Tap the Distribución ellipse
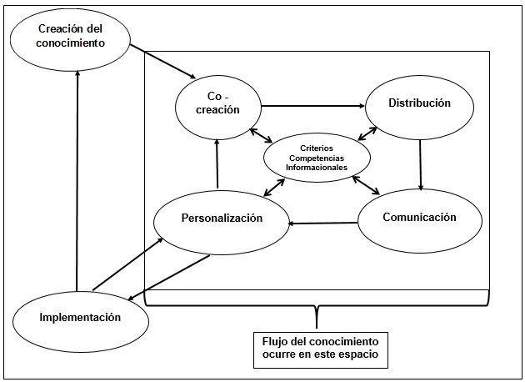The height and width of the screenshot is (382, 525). pyautogui.click(x=419, y=103)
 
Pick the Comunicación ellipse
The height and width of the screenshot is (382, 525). pyautogui.click(x=419, y=218)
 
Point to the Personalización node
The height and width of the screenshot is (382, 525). pyautogui.click(x=222, y=219)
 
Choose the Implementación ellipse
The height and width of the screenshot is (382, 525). pyautogui.click(x=79, y=317)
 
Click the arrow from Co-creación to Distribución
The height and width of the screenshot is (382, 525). pyautogui.click(x=312, y=106)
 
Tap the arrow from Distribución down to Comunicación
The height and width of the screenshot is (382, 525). pyautogui.click(x=421, y=163)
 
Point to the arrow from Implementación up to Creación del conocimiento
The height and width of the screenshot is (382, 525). pyautogui.click(x=77, y=179)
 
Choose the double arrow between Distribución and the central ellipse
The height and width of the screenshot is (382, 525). pyautogui.click(x=367, y=133)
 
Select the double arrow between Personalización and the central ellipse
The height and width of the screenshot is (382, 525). pyautogui.click(x=273, y=187)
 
